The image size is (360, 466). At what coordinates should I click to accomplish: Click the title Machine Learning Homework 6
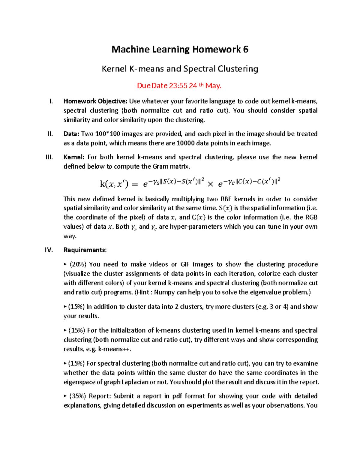(x=180, y=50)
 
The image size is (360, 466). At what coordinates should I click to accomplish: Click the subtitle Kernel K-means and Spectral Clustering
(x=180, y=69)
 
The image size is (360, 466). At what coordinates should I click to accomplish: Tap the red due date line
(x=179, y=86)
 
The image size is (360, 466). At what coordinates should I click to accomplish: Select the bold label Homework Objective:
(x=95, y=101)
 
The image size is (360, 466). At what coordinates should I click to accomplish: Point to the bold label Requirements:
(x=85, y=250)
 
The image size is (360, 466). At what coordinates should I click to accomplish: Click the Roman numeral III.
(x=49, y=157)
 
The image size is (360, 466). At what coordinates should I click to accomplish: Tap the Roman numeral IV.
(x=49, y=250)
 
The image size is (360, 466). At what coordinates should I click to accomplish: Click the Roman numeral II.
(x=50, y=134)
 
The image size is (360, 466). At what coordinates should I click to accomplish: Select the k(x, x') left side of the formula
(x=114, y=184)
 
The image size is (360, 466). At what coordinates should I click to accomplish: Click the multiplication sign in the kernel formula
(x=210, y=185)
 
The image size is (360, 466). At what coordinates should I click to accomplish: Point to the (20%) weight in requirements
(x=78, y=264)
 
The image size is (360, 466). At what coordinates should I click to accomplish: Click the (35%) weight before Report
(x=78, y=396)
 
